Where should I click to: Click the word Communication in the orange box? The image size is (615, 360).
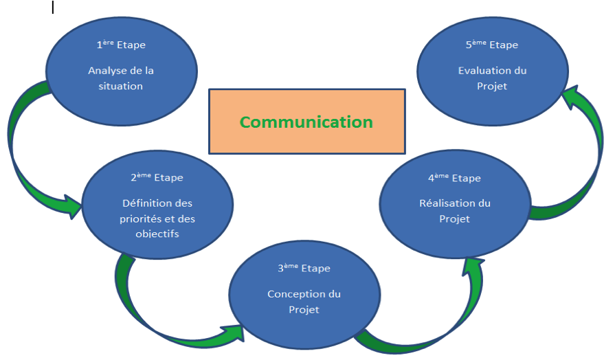point(306,122)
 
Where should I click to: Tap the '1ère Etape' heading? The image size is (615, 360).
point(121,45)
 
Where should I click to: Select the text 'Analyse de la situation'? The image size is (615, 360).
point(120,78)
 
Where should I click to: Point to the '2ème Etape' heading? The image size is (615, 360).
point(157,177)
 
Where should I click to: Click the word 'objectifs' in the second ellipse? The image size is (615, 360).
point(157,234)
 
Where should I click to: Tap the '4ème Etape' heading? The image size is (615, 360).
point(454,178)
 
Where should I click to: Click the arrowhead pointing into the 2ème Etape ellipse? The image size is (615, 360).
point(72,206)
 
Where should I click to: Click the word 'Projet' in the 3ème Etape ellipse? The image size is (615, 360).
point(304,310)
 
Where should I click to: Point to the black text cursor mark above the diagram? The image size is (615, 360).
point(53,8)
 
